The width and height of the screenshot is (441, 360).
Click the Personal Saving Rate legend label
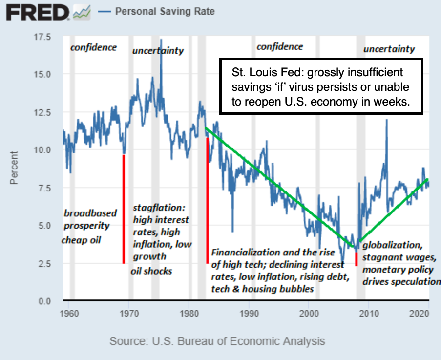point(165,11)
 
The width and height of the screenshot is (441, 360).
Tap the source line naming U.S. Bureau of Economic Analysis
point(217,341)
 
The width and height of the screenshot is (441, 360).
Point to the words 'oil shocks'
point(151,270)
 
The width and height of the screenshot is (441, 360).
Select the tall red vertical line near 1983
point(208,200)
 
